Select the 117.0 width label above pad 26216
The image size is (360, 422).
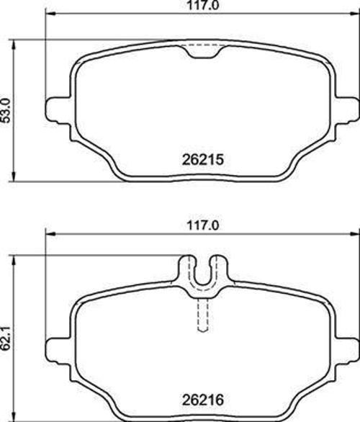(202, 225)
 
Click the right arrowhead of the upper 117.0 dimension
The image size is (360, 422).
(354, 14)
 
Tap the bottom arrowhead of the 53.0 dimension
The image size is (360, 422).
(15, 178)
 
